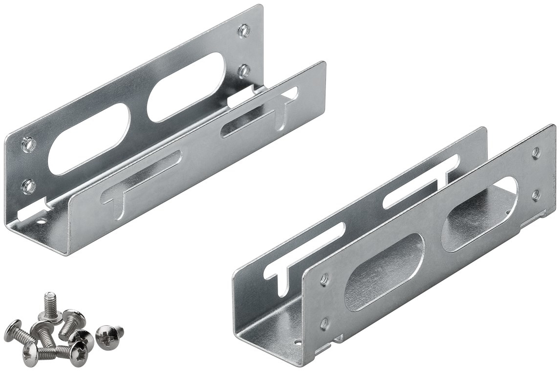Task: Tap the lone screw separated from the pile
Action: click(x=108, y=335)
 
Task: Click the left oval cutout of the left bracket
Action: click(x=91, y=139)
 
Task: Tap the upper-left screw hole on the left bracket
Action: click(x=29, y=144)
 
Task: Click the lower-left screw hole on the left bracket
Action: click(x=29, y=185)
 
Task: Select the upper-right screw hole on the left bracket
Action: click(x=244, y=31)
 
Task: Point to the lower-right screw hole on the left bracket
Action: click(x=244, y=71)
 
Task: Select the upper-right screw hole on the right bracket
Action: click(x=536, y=153)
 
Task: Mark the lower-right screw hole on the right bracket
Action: click(x=536, y=195)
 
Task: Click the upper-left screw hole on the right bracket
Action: click(x=323, y=280)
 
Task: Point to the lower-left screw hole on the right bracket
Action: click(x=323, y=323)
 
